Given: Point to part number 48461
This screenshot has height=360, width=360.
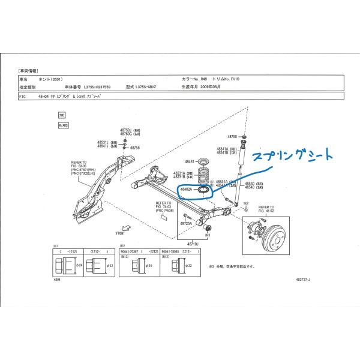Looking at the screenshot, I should coord(190,162).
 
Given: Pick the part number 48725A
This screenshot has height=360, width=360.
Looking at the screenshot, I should coord(186,223).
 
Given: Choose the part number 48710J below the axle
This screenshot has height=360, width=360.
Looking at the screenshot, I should coord(192,245).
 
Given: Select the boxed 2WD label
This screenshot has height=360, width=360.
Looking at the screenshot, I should coord(61,114).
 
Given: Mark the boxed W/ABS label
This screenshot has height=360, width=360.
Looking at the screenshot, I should coord(63,125).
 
